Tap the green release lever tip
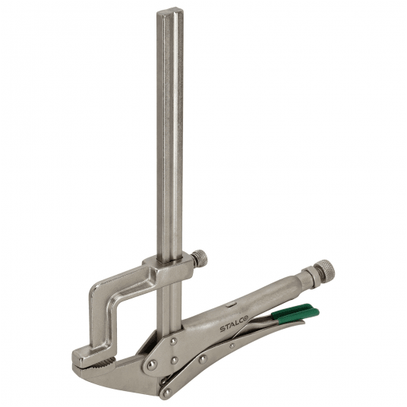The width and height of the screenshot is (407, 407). pos(314,309)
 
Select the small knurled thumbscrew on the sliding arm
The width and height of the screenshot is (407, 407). pos(200,259)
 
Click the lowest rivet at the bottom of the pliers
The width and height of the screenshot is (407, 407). pos(165,391)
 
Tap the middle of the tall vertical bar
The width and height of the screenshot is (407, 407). pos(171,137)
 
